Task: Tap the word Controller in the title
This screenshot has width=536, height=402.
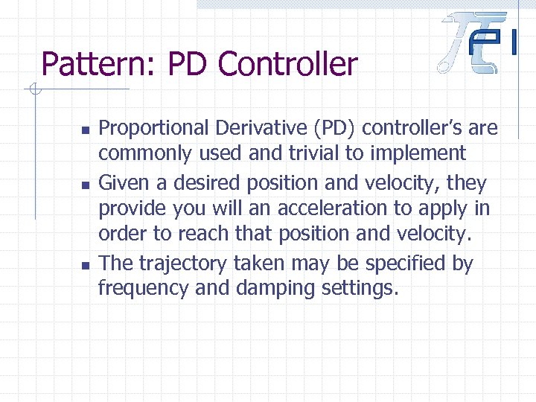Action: click(288, 64)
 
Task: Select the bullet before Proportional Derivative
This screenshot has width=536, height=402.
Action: click(86, 130)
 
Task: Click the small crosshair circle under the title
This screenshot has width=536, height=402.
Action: click(33, 91)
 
